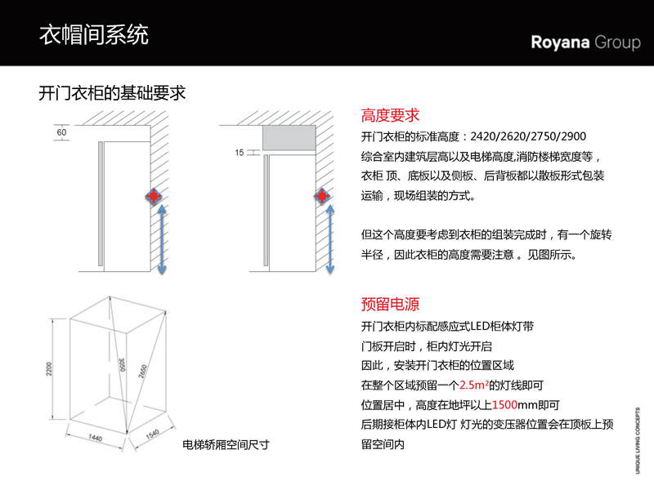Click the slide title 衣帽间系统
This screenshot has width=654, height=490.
(94, 35)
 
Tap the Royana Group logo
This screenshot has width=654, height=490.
(585, 42)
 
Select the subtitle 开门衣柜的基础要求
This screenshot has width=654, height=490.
(113, 92)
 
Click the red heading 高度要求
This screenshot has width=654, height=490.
(390, 115)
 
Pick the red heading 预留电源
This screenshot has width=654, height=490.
(390, 304)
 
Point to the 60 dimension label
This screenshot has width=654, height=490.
(61, 131)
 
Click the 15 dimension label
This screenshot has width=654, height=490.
(239, 153)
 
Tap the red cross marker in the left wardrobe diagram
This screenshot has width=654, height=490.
(152, 196)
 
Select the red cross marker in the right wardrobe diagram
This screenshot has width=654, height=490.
(322, 196)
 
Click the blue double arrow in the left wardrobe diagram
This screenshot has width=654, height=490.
(162, 240)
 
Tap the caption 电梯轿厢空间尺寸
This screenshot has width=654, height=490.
(226, 446)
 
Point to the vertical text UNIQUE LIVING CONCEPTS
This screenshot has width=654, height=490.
(638, 439)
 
